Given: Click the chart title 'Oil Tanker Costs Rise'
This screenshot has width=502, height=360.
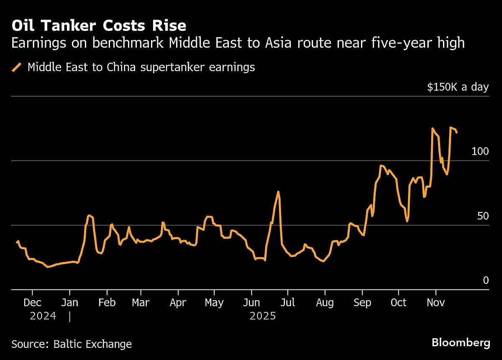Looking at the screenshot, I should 99,26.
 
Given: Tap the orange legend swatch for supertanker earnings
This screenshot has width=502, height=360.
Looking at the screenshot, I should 17,67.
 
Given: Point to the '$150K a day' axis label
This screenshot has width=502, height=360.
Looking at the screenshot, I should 458,87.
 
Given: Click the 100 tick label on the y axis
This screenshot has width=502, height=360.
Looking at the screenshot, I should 480,151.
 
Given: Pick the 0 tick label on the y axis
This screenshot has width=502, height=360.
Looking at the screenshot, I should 486,281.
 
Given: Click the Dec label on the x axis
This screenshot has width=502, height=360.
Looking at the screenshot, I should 32,302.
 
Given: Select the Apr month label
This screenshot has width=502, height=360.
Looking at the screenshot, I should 178,302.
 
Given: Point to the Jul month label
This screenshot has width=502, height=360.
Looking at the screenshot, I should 287,302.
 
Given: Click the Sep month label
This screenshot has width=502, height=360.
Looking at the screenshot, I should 362,302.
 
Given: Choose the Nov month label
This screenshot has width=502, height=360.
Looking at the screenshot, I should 436,302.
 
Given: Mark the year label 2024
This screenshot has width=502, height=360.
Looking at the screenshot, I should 43,316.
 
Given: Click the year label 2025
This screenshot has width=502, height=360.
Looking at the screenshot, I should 263,316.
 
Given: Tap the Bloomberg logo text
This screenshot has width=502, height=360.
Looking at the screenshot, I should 461,343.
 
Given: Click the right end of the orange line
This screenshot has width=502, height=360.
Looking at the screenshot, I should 456,132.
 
